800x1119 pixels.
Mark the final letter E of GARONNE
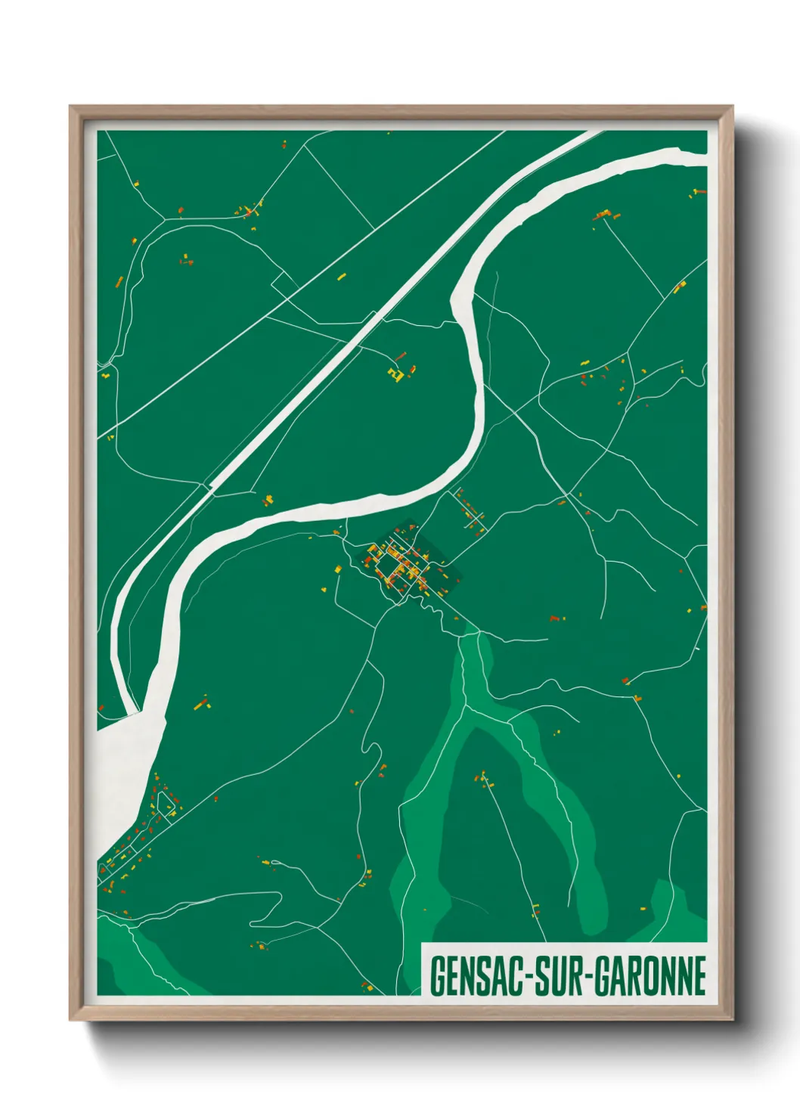(x=700, y=976)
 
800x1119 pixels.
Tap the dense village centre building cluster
(x=399, y=566)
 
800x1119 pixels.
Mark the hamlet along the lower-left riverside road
(x=144, y=832)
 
